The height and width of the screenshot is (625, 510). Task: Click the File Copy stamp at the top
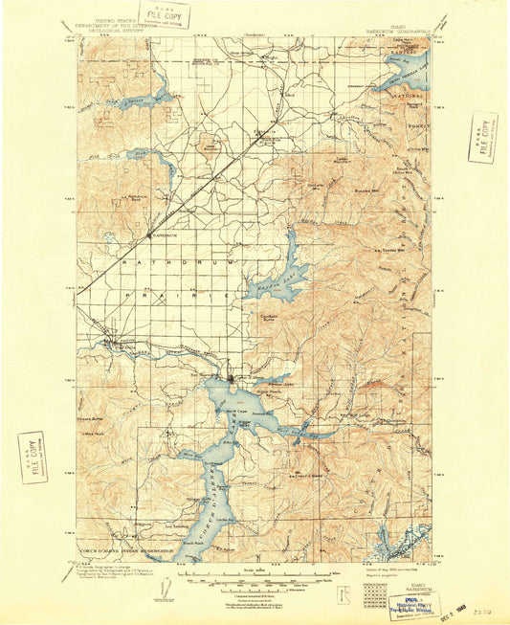(164, 14)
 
